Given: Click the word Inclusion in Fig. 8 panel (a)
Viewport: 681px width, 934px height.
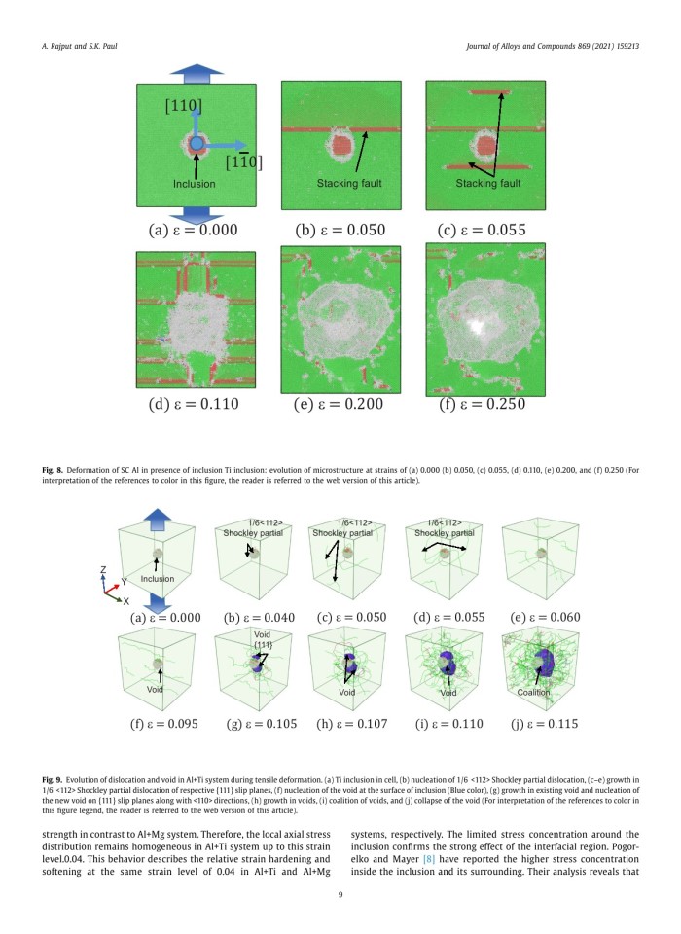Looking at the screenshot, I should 196,182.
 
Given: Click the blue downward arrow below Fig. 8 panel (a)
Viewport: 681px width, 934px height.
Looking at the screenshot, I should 196,214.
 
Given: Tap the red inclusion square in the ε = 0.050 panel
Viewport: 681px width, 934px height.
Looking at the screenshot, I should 338,147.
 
